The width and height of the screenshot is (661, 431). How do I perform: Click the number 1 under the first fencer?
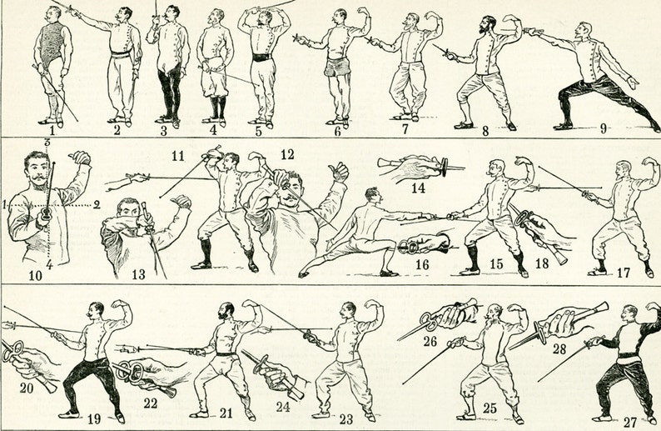click(x=52, y=130)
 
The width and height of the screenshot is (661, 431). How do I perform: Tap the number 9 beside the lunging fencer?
click(x=604, y=128)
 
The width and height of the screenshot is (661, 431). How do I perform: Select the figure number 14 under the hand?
click(x=418, y=188)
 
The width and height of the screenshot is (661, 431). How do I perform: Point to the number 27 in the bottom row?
click(x=631, y=423)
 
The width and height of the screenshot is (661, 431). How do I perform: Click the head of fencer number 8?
click(x=488, y=25)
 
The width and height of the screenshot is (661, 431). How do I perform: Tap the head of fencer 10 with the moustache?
click(x=37, y=170)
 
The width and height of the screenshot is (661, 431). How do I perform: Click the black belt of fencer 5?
click(x=261, y=58)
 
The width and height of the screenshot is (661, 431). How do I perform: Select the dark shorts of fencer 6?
click(x=337, y=68)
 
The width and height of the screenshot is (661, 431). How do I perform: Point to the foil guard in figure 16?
click(x=409, y=247)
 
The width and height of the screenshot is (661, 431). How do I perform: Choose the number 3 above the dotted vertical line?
click(x=47, y=143)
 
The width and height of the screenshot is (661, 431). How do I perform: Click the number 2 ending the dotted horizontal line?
click(x=97, y=205)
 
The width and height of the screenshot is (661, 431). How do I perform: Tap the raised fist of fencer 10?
click(x=80, y=158)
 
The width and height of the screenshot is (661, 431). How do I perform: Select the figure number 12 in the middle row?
click(x=287, y=154)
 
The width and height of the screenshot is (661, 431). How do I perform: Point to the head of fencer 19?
click(x=96, y=311)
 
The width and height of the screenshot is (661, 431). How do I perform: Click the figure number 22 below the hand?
click(x=151, y=403)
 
